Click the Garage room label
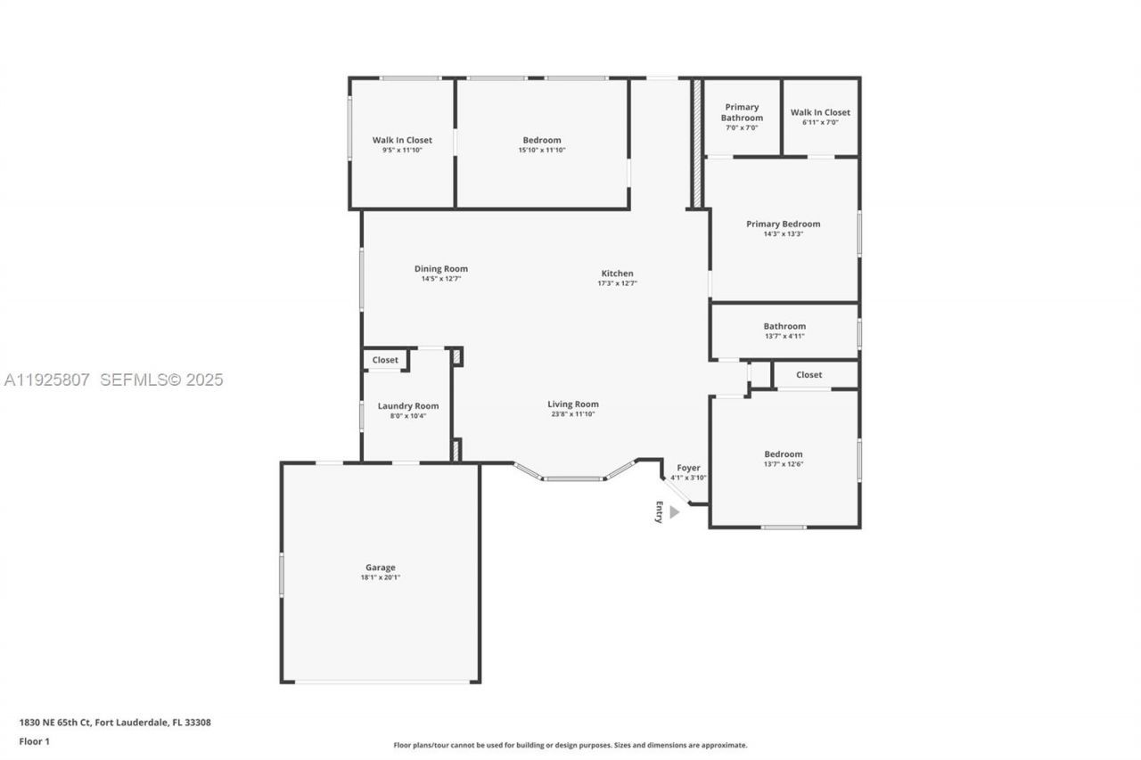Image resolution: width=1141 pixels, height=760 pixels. (381, 567)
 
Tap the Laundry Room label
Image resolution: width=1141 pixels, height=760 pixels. (408, 405)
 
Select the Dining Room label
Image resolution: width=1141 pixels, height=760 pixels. (441, 269)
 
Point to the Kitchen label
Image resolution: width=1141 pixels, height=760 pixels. (618, 274)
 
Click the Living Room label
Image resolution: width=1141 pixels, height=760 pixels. (573, 405)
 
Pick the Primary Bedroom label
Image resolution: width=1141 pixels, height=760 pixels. (784, 224)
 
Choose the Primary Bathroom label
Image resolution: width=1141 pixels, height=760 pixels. (743, 112)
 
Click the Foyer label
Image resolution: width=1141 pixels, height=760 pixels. (688, 468)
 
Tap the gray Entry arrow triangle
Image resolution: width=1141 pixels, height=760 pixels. (675, 512)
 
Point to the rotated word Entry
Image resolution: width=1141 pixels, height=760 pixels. (659, 512)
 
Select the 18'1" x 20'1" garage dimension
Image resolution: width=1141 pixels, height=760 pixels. (381, 577)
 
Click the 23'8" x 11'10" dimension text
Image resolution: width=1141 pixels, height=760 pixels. (573, 413)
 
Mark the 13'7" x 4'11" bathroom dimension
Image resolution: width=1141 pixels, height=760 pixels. (784, 336)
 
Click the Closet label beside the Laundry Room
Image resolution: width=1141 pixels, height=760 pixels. (385, 360)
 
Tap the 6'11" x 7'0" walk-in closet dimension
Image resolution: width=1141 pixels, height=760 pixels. (820, 122)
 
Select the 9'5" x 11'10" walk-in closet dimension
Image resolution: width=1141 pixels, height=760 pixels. (402, 150)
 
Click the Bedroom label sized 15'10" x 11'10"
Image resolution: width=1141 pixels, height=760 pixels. (542, 140)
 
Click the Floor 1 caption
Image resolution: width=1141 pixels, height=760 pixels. (35, 741)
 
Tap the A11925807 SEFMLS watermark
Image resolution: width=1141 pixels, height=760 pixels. (113, 380)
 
